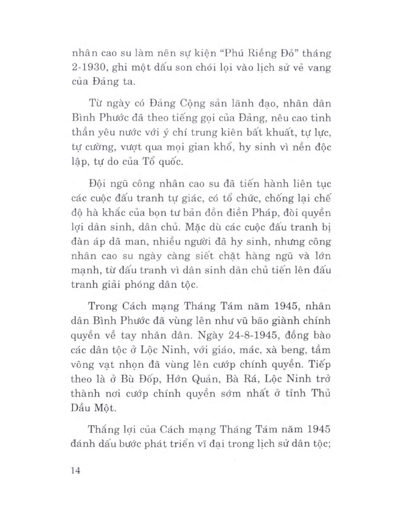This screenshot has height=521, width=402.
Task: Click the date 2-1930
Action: pos(88,67)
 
